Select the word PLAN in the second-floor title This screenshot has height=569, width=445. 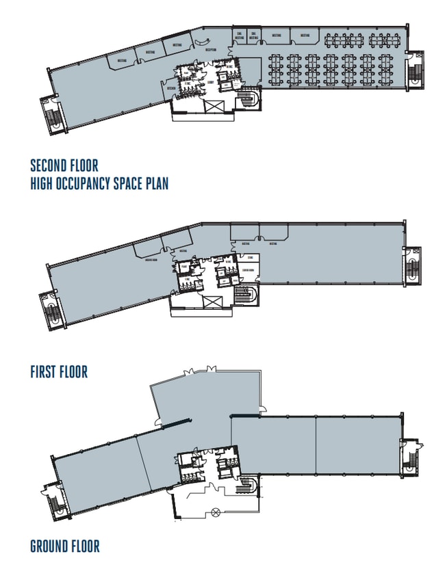click(x=155, y=183)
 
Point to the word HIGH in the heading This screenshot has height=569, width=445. click(x=44, y=183)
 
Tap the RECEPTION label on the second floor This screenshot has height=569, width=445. click(x=210, y=50)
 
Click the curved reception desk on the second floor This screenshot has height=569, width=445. click(x=201, y=43)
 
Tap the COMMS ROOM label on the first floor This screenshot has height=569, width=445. click(x=248, y=269)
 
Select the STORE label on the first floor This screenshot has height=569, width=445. click(x=249, y=259)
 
